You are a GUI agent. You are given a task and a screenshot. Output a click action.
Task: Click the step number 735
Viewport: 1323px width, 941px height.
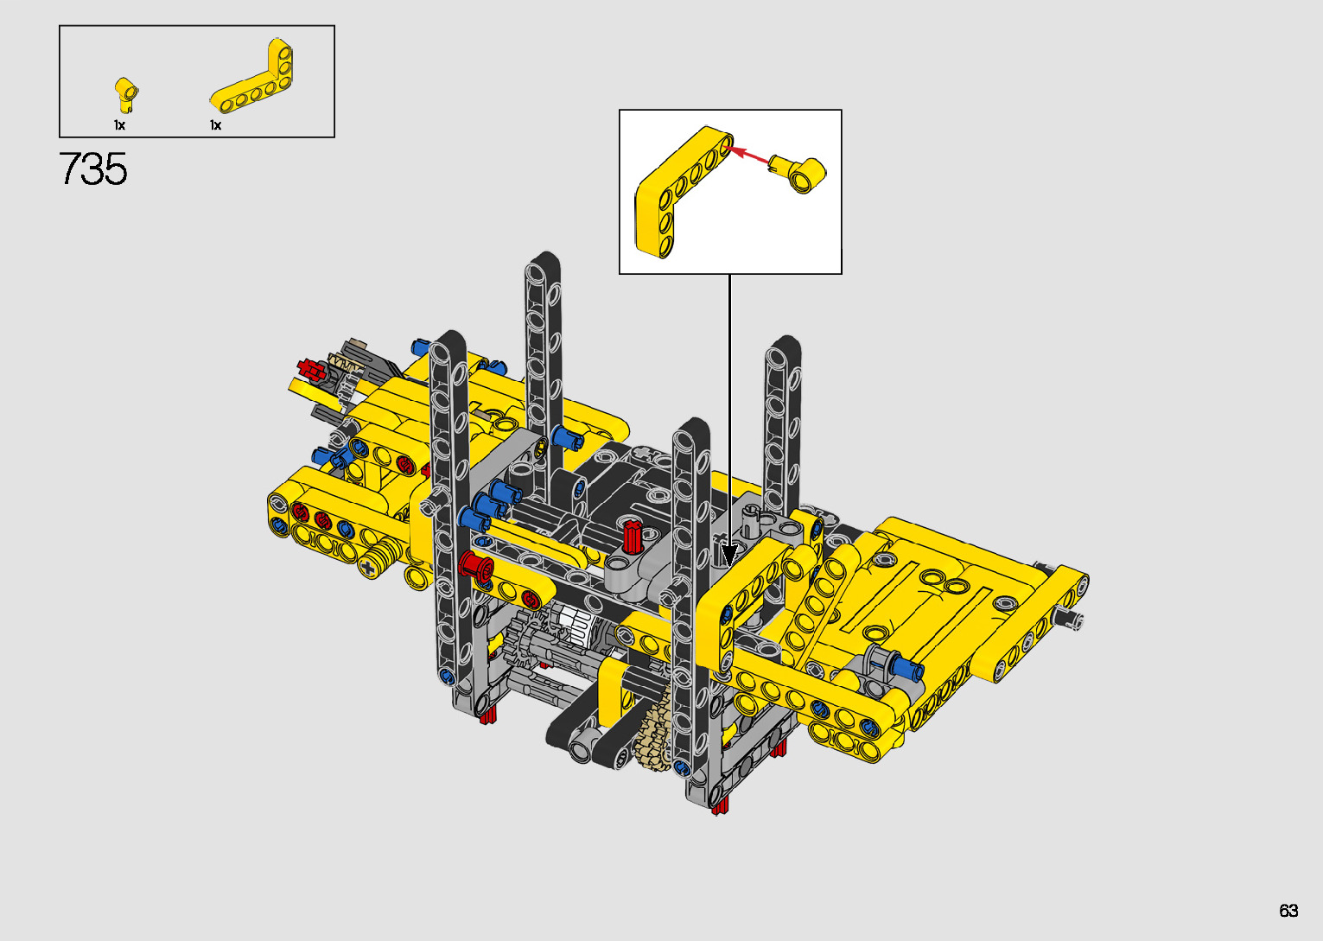click(x=92, y=169)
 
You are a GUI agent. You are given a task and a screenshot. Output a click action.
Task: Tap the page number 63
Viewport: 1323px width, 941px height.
click(x=1288, y=910)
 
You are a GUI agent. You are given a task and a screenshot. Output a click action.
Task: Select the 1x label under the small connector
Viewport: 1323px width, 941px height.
click(x=119, y=125)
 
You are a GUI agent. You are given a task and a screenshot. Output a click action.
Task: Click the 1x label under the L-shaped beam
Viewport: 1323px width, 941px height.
click(x=215, y=125)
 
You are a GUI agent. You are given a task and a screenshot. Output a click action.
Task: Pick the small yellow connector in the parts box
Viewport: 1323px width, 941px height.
click(x=125, y=94)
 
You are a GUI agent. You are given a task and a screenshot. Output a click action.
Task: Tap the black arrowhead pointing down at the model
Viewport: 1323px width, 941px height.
click(x=730, y=556)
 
